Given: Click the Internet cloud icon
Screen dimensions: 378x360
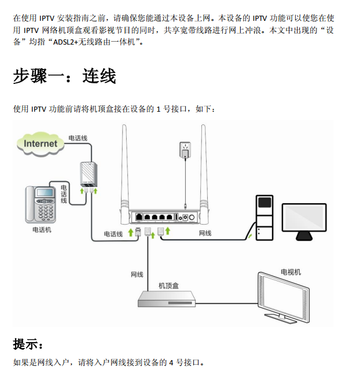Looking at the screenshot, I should click(41, 143).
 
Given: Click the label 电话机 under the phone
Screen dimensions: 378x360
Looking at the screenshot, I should click(42, 230).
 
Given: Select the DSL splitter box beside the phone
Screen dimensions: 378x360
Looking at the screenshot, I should click(88, 175).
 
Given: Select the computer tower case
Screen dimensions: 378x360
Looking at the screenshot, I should click(264, 217).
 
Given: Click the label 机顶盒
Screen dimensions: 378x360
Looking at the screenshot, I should click(168, 285).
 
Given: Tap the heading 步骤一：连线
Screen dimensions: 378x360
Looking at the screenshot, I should click(64, 76).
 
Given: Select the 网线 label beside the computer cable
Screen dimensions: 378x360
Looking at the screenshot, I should click(205, 233).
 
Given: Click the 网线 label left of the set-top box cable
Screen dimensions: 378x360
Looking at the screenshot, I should click(137, 274).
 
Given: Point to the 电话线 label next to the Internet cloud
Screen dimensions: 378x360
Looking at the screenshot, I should click(78, 138).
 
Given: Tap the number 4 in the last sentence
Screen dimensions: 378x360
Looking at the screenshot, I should click(171, 362).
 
